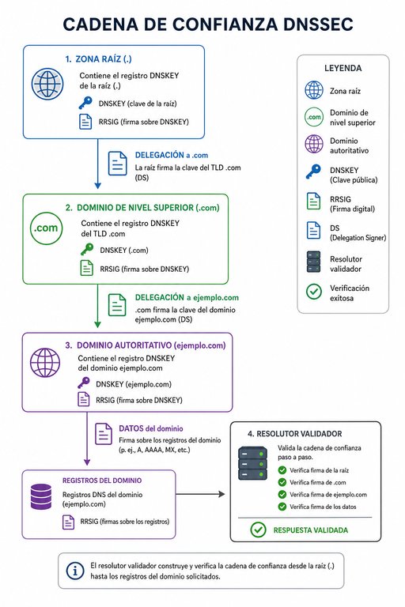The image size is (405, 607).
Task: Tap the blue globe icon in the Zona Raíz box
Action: tap(47, 84)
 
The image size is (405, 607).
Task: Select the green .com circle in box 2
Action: tap(46, 228)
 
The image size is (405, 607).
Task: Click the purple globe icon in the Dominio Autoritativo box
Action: tap(45, 363)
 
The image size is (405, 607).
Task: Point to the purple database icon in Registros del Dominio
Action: tap(40, 496)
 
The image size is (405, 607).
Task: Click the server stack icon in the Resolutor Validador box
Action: tap(252, 463)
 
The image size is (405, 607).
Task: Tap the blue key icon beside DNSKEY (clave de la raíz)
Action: tap(85, 104)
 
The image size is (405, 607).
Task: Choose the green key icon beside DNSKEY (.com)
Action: tap(87, 250)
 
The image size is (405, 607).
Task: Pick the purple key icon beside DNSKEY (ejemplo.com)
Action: tap(84, 383)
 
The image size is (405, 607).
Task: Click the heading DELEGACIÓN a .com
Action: tap(172, 155)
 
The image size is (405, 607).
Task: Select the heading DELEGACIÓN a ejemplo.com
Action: tap(187, 297)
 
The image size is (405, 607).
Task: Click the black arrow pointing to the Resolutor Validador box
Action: tap(200, 494)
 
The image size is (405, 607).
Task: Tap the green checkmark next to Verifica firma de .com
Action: tap(282, 482)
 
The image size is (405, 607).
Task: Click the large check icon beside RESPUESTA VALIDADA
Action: tap(258, 530)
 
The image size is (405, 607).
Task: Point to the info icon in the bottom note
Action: tap(75, 571)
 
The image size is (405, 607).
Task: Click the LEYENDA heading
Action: tap(343, 68)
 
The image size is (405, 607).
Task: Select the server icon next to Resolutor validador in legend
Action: tap(313, 262)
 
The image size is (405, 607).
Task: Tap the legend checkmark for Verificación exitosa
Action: tap(313, 292)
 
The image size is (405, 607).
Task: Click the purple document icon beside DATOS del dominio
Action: tap(104, 434)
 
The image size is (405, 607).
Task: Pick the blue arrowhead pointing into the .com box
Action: tap(97, 186)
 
